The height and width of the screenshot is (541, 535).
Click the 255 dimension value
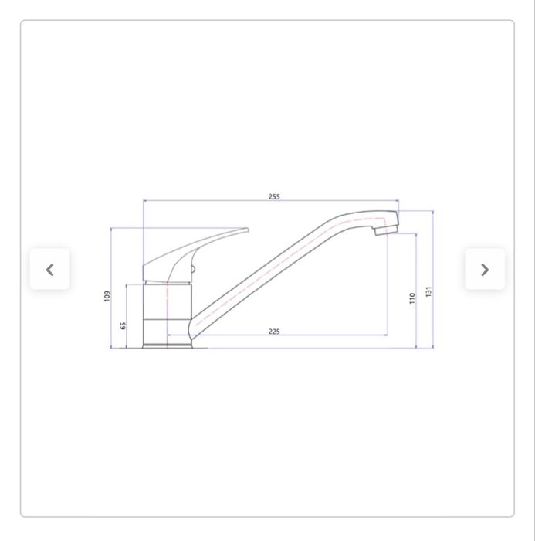(274, 196)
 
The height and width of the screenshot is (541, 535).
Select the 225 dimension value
(274, 332)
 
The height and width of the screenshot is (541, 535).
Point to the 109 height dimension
(107, 296)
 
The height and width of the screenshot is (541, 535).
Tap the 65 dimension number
(123, 325)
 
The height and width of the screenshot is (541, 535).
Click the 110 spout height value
(412, 298)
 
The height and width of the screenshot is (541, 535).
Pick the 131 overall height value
(428, 291)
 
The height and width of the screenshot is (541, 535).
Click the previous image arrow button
(50, 270)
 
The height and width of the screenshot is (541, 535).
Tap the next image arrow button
(485, 270)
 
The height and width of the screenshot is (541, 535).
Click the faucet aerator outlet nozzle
(387, 230)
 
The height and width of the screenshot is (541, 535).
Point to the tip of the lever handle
(247, 230)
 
